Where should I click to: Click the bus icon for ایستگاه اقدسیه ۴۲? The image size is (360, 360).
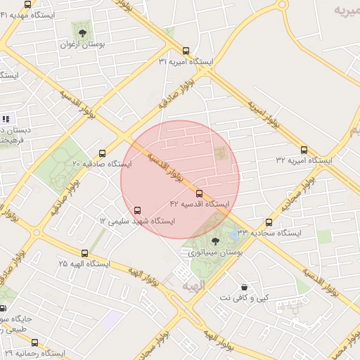point(200,194)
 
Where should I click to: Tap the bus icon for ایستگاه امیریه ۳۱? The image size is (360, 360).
point(186,51)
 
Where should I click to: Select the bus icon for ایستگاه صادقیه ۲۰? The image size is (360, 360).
point(103,153)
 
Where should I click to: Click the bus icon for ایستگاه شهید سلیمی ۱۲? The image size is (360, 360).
point(137,210)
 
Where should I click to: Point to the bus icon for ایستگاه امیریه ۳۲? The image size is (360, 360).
point(304,150)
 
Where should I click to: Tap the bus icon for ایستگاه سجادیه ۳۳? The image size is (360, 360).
point(269,222)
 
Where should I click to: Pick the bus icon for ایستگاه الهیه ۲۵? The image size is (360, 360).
point(84,253)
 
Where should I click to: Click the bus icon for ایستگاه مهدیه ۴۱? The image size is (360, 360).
point(27,5)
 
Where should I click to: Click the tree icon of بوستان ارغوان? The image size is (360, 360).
point(82,33)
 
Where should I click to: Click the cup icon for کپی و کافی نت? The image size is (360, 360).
point(243,287)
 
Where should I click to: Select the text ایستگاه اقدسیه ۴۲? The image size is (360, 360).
point(200,204)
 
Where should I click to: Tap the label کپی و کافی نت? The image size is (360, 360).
point(243,298)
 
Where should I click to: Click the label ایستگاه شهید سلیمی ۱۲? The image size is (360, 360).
point(137,221)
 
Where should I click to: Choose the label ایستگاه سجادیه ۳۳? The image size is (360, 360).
point(269,232)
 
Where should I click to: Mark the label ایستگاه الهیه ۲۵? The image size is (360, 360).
point(84,264)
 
